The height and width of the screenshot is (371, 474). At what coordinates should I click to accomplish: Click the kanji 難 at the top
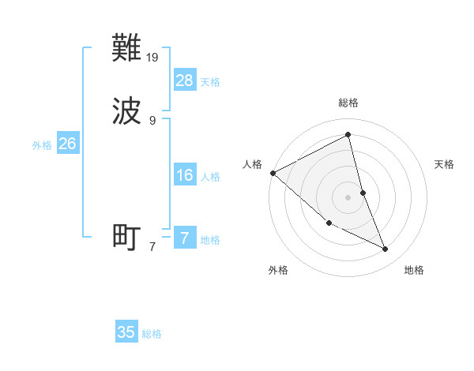[127, 50]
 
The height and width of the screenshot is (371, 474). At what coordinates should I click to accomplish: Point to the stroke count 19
[153, 57]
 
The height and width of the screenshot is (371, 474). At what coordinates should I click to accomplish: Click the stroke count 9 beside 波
[152, 120]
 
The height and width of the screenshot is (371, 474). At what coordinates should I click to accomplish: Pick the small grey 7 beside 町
[152, 246]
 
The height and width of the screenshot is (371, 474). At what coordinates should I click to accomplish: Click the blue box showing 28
[185, 81]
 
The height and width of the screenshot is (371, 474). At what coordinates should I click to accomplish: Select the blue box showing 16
[185, 175]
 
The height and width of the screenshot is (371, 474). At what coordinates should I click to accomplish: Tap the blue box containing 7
[185, 238]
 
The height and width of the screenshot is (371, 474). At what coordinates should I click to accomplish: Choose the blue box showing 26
[67, 144]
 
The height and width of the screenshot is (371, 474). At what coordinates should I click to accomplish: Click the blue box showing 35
[126, 332]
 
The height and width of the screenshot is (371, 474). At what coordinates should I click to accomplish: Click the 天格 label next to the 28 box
[210, 81]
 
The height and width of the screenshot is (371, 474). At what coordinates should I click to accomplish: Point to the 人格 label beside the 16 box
[210, 176]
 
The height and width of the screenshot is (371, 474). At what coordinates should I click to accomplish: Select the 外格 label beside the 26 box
[42, 144]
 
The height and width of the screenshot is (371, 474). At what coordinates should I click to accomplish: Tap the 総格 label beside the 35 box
[152, 333]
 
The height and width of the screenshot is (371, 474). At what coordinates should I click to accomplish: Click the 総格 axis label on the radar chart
[348, 103]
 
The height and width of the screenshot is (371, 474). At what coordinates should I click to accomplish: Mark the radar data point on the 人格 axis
[273, 173]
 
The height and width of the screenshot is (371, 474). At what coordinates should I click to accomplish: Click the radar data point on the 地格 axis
[386, 249]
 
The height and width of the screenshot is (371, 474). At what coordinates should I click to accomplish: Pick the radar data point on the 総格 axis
[348, 134]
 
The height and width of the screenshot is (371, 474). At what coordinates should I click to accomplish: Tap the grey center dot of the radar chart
[348, 197]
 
